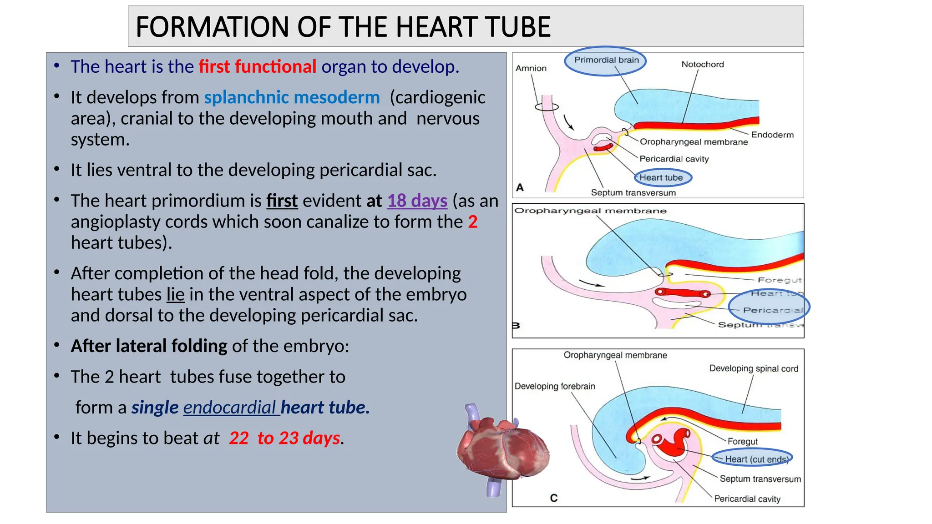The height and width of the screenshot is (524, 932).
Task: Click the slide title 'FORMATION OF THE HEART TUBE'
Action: point(343,27)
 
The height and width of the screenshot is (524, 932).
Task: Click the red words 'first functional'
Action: point(257,67)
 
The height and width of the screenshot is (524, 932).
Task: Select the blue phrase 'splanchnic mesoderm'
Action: point(292,97)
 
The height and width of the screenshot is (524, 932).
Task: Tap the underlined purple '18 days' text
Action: point(417,201)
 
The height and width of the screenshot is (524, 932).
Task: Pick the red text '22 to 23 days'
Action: point(284,438)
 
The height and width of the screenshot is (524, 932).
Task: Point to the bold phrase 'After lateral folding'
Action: point(149,346)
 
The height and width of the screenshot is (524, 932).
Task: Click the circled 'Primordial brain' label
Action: point(606,60)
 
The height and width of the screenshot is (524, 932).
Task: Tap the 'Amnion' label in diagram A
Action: point(531,68)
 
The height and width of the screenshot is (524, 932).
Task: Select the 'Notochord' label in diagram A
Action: point(702,65)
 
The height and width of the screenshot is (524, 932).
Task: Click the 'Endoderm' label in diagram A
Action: point(772,135)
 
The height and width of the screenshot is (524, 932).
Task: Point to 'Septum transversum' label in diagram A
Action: point(633,193)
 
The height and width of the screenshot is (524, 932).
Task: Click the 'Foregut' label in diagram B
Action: point(779,280)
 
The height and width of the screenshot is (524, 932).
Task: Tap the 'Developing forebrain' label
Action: point(555,387)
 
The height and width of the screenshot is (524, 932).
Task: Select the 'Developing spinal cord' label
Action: point(754,368)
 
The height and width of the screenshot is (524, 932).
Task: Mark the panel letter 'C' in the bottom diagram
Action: point(554,498)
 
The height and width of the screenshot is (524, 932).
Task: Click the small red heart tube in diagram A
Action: point(603,147)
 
